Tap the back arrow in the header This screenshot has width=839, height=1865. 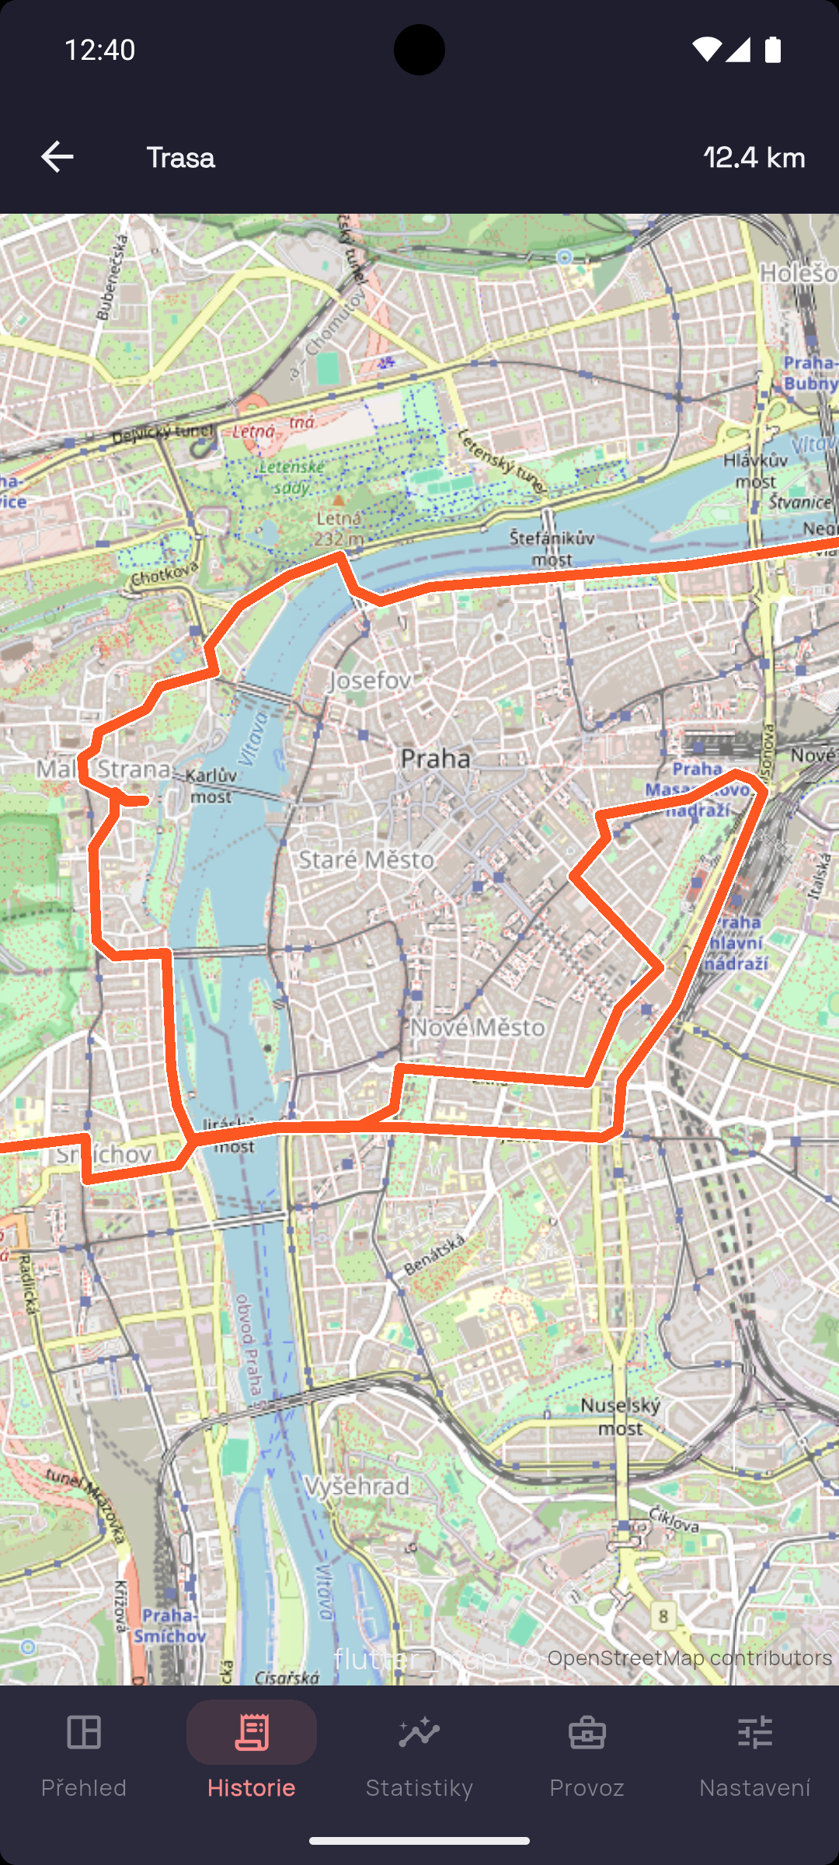tap(57, 157)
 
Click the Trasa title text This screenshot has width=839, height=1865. tap(180, 158)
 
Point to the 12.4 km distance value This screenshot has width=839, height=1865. tap(754, 158)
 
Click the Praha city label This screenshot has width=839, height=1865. tap(436, 758)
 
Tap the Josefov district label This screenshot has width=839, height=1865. tap(371, 681)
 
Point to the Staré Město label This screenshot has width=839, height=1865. tap(367, 859)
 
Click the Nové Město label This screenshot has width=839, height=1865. tap(478, 1027)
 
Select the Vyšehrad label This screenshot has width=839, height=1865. tap(357, 1486)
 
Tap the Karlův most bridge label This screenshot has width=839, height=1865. tap(211, 786)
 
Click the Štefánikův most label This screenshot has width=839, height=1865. tap(552, 548)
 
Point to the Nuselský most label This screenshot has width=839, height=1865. tap(621, 1416)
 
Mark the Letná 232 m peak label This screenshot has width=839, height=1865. tap(339, 528)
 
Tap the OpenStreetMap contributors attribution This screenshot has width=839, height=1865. tap(689, 1658)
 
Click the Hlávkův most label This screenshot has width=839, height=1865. tap(755, 470)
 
